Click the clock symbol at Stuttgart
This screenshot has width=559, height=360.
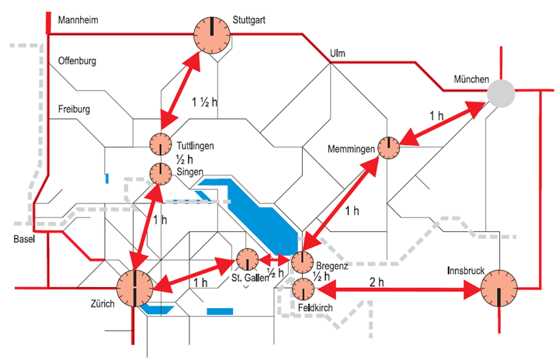211,35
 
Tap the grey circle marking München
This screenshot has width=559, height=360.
501,94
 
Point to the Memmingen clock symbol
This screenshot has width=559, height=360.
387,147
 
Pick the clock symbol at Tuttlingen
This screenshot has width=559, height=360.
160,145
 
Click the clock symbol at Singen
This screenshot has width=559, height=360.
160,172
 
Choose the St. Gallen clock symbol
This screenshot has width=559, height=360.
247,260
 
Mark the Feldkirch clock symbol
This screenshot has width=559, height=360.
303,290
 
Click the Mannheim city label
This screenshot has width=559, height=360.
78,19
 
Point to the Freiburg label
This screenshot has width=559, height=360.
75,109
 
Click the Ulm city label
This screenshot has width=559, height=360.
336,53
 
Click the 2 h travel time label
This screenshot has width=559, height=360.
377,282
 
